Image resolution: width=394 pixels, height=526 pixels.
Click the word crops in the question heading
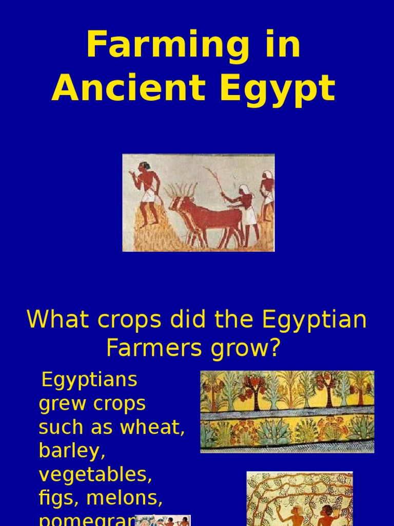[126, 320]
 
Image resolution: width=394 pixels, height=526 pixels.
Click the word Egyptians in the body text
[89, 381]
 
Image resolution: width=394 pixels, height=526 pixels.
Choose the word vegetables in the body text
[95, 475]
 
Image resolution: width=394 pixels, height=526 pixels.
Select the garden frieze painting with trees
[287, 411]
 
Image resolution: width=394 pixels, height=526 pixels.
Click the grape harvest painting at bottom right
[299, 498]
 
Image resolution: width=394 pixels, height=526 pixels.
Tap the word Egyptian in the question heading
[314, 321]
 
